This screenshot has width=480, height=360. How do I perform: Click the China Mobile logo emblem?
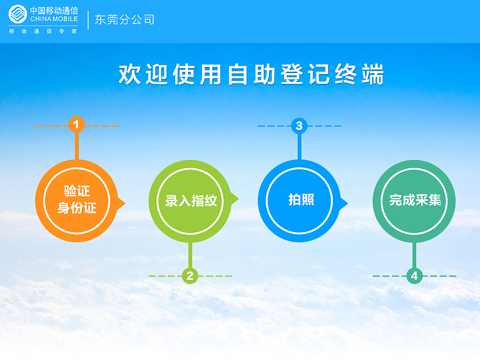18,14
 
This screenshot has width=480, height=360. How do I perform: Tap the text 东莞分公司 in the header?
124,19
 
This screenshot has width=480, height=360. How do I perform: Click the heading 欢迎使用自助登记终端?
251,75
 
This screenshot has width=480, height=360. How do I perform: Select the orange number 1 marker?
76,125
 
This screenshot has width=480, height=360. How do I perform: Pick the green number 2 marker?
189,276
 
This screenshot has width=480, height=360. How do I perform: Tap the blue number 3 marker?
299,126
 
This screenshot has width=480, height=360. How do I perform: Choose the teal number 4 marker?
414,276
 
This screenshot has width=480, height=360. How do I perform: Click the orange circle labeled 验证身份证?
76,201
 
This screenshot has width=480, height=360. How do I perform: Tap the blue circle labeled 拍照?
300,201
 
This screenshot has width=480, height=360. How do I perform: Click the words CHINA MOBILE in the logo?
54,19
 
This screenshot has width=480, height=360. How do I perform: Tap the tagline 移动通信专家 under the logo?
43,31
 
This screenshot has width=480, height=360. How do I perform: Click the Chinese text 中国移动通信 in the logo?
54,10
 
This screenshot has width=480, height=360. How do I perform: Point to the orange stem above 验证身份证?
76,147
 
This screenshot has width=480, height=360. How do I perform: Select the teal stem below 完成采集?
414,255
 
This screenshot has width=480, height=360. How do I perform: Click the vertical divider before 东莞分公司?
88,19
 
